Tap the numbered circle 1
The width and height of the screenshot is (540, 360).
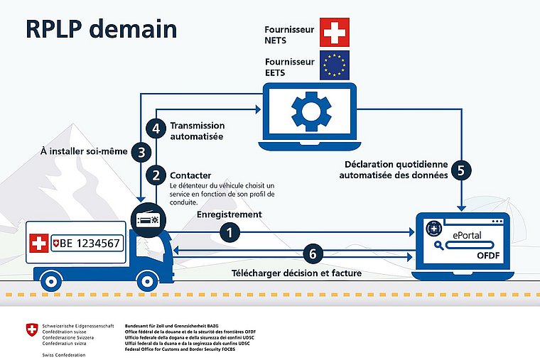coord(229,231)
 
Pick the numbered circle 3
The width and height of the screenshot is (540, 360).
coord(142,151)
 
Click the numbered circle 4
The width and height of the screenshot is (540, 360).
coord(156,129)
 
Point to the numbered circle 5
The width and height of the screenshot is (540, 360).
coord(463,171)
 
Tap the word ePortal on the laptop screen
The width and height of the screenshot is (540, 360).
coord(468,233)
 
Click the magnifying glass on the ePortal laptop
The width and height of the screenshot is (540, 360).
coord(440,246)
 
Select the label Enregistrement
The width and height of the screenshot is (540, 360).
coord(229,214)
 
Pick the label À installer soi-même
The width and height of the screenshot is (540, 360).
coord(85,151)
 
